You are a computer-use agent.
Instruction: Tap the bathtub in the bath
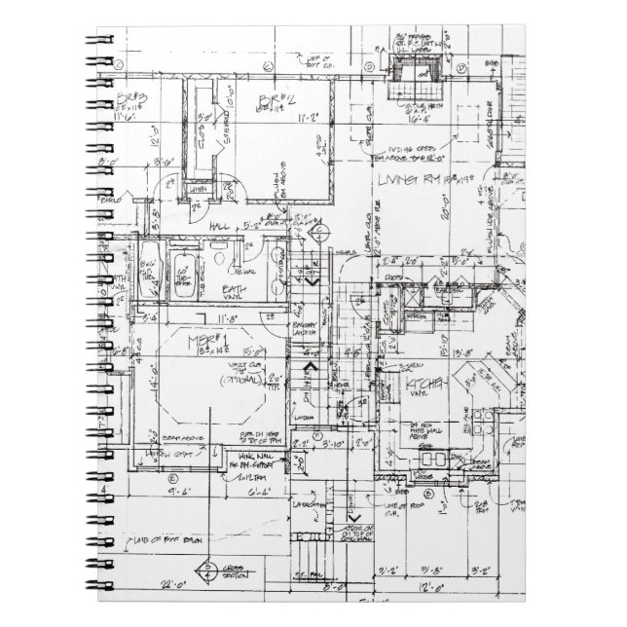(183, 265)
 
